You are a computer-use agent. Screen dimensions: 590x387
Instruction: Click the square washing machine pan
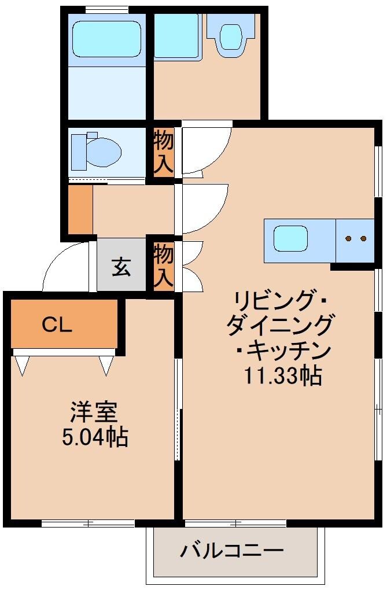(177, 36)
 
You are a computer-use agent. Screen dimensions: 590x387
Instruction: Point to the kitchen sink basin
(290, 239)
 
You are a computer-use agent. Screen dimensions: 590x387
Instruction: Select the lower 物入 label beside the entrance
(164, 265)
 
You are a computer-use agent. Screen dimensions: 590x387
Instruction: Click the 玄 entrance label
(121, 267)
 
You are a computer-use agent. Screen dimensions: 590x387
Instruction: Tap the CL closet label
(57, 325)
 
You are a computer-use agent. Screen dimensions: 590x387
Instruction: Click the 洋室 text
(94, 412)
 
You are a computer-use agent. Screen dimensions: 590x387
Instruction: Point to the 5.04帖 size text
(94, 437)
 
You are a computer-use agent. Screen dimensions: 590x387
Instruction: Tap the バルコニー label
(232, 550)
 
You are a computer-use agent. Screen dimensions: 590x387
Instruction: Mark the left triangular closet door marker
(22, 366)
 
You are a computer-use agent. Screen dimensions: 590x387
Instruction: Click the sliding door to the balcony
(235, 523)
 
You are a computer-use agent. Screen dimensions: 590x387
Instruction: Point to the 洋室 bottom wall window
(87, 523)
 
